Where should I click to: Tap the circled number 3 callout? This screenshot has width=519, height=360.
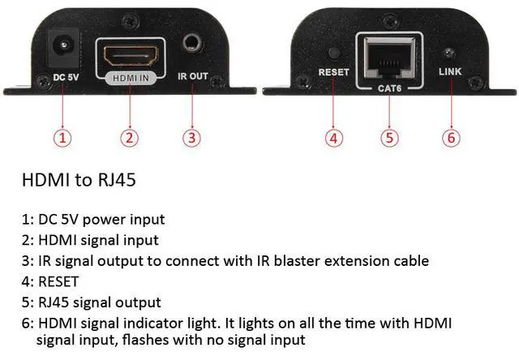click(191, 137)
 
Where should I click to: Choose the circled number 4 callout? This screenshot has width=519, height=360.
click(335, 137)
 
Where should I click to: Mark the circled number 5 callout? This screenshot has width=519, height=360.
click(391, 137)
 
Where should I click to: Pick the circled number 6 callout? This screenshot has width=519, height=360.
click(451, 137)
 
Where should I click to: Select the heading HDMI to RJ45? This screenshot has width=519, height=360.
click(78, 180)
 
